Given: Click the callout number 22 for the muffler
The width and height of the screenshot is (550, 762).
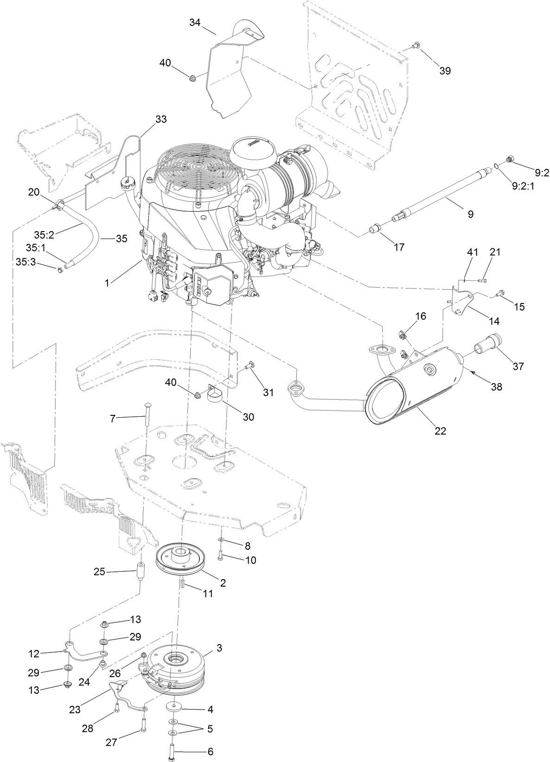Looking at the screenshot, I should [x=440, y=431].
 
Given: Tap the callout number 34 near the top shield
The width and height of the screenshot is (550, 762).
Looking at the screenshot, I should [x=195, y=23].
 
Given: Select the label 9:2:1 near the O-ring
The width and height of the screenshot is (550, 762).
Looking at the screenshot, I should [x=523, y=186].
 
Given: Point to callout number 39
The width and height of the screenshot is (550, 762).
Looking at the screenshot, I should [x=445, y=71].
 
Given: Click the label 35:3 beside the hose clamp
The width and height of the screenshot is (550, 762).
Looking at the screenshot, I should [x=26, y=262].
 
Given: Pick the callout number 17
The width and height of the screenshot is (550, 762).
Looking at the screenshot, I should [x=399, y=247].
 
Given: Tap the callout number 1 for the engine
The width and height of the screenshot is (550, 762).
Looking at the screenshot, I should [x=107, y=282].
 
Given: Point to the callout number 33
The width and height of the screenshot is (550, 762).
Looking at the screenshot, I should [x=160, y=119].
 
